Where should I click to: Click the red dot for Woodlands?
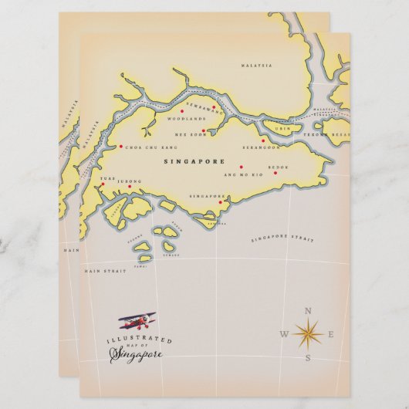[x=182, y=111]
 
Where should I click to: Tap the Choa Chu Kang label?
[x=151, y=146]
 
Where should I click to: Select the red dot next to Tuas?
[x=102, y=185]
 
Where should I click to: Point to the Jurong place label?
[x=131, y=181]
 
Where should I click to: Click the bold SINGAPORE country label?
[x=194, y=162]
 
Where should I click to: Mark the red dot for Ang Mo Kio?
[x=241, y=167]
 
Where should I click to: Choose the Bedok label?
[x=278, y=166]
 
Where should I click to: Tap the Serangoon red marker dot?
[x=263, y=140]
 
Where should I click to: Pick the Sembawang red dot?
[x=214, y=108]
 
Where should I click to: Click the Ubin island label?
[x=283, y=129]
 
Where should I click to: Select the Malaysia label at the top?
[x=257, y=66]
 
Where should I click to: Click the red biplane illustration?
[x=137, y=320]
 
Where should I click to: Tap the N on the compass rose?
[x=308, y=311]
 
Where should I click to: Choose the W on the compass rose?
[x=284, y=334]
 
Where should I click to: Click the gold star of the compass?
[x=308, y=333]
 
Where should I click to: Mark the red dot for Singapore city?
[x=221, y=203]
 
